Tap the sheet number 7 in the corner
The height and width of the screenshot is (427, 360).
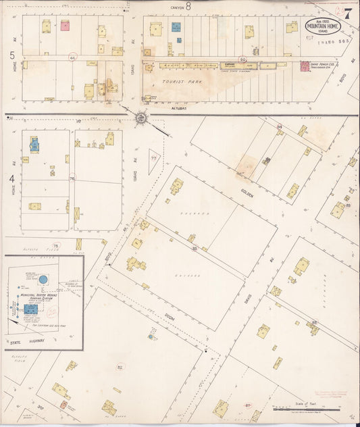pyautogui.click(x=347, y=14)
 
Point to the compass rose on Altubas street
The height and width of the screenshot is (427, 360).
pyautogui.click(x=141, y=118)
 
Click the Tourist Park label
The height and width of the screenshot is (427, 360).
pyautogui.click(x=176, y=82)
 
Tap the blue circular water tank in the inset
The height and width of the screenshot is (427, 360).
pyautogui.click(x=43, y=279)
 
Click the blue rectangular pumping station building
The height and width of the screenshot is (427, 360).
pyautogui.click(x=31, y=308)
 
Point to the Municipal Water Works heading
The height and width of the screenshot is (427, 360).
pyautogui.click(x=41, y=295)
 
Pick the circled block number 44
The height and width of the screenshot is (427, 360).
pyautogui.click(x=72, y=59)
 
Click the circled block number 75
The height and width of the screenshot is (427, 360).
pyautogui.click(x=57, y=245)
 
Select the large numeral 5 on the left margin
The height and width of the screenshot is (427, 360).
pyautogui.click(x=12, y=53)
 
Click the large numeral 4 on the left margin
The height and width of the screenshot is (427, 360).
pyautogui.click(x=12, y=179)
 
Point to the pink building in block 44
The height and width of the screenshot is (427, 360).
pyautogui.click(x=66, y=26)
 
